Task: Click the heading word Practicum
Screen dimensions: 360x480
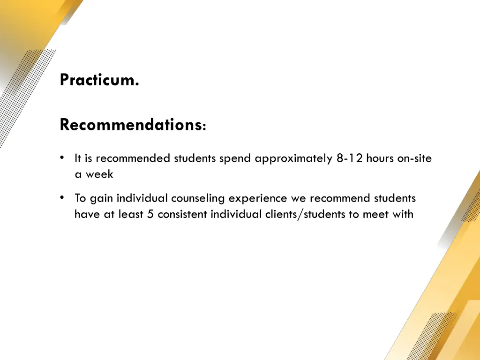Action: [99, 80]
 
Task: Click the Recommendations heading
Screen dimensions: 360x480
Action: [130, 125]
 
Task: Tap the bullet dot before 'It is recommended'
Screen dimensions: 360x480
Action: [62, 158]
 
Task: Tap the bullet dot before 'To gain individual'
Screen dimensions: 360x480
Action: [62, 198]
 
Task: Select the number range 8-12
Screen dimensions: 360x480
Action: [349, 158]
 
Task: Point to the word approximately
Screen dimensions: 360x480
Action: [294, 158]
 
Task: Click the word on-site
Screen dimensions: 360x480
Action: [414, 158]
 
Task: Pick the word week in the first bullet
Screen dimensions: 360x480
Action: [99, 174]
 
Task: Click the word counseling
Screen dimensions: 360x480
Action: [198, 198]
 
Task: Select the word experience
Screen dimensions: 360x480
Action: [257, 198]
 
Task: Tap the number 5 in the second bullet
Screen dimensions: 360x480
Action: [150, 214]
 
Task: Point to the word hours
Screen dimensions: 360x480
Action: [380, 158]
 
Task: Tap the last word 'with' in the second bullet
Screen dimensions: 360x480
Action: [403, 214]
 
